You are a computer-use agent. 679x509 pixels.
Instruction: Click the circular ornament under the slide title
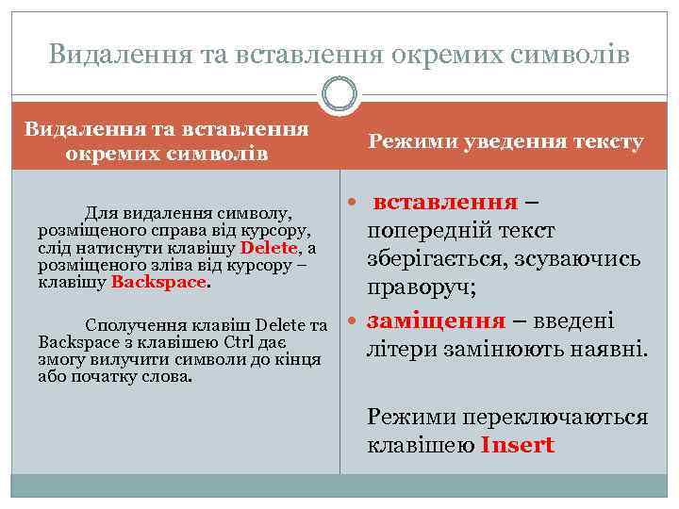pyautogui.click(x=339, y=95)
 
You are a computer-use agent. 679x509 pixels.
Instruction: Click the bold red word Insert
pyautogui.click(x=518, y=445)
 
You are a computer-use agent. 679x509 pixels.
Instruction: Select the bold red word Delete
pyautogui.click(x=269, y=248)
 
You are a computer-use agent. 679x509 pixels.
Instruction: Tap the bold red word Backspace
pyautogui.click(x=157, y=282)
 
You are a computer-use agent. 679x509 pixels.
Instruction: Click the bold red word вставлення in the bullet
pyautogui.click(x=445, y=202)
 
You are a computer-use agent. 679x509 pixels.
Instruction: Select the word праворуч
pyautogui.click(x=421, y=287)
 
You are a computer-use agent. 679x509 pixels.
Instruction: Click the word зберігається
pyautogui.click(x=429, y=258)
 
